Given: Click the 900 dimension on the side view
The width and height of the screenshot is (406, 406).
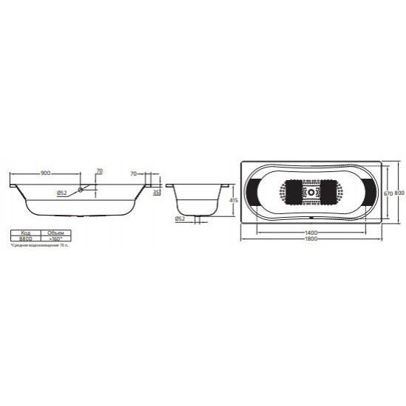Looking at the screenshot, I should pyautogui.click(x=45, y=173).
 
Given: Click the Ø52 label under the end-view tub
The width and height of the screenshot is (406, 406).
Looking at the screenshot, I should pyautogui.click(x=180, y=219).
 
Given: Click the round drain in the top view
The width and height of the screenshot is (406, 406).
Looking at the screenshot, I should pyautogui.click(x=311, y=194).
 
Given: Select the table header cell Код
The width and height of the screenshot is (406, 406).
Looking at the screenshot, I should pyautogui.click(x=25, y=232).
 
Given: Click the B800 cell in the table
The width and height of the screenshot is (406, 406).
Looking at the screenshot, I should pyautogui.click(x=25, y=238).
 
